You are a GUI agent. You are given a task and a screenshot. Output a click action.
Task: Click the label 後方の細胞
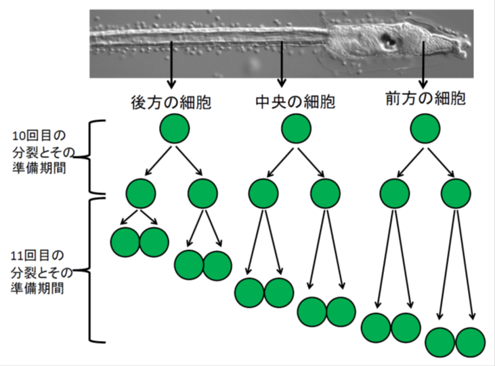click(x=171, y=103)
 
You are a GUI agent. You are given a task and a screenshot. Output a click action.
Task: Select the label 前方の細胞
click(x=425, y=99)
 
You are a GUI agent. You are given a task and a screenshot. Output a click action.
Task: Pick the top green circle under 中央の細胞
click(x=297, y=128)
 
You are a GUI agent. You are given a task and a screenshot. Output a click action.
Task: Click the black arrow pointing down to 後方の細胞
click(x=171, y=65)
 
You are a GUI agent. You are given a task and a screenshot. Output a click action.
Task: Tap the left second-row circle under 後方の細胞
click(x=140, y=193)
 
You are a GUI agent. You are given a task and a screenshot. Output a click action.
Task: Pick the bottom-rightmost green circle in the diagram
click(x=471, y=342)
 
